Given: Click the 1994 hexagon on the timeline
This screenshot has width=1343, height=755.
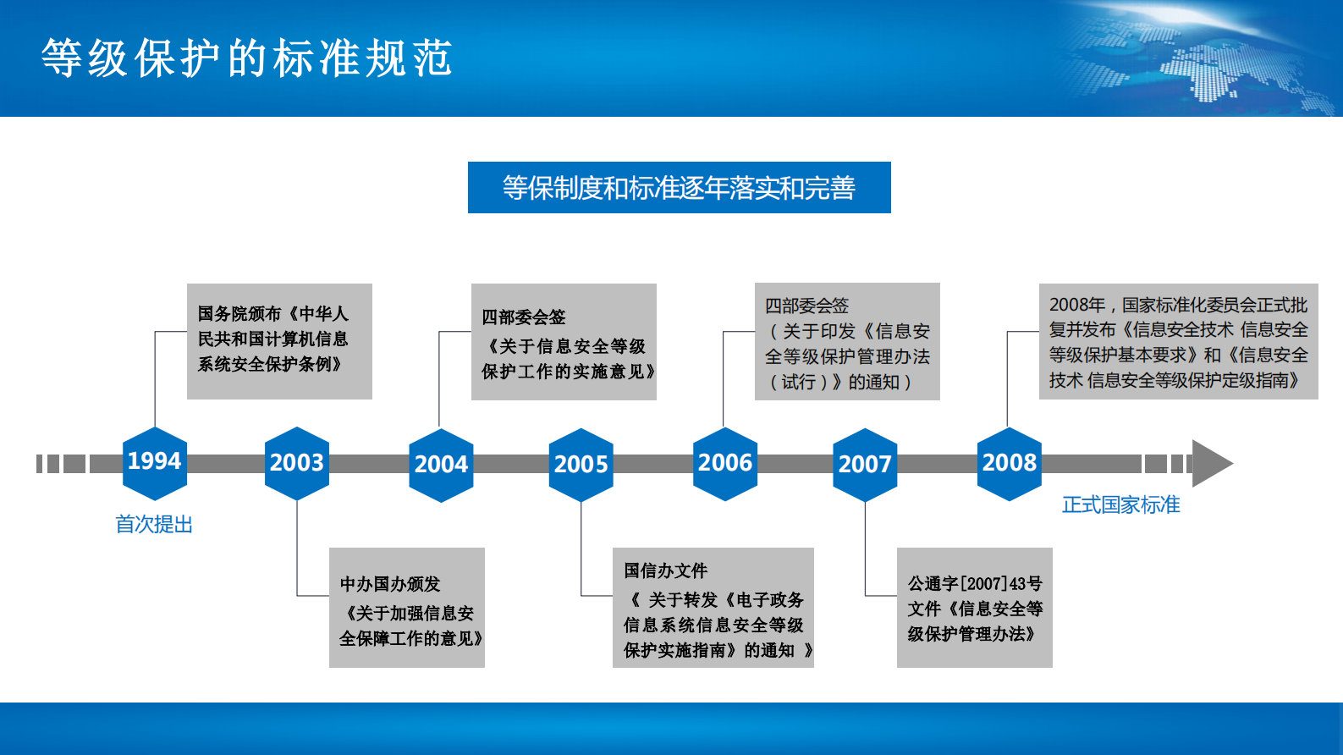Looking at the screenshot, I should [155, 462].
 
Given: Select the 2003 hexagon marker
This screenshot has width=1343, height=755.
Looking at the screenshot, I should [297, 463].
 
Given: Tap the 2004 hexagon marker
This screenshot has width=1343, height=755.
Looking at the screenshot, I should [441, 465].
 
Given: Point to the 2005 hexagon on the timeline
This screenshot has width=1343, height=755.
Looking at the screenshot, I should [581, 465].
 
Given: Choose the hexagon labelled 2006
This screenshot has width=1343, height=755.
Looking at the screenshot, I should [725, 463].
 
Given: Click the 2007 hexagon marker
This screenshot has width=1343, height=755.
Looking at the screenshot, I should [865, 465].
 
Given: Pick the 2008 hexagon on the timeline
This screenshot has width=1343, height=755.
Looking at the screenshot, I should [1010, 463].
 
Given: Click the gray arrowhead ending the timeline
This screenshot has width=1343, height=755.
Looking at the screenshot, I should [1210, 463].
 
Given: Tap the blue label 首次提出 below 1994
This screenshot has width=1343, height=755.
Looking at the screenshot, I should [154, 525].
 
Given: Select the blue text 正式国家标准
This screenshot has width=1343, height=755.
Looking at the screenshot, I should [1120, 505].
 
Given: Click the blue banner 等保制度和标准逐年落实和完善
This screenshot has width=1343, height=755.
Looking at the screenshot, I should [679, 188].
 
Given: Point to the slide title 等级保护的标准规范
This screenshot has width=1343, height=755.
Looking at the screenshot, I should [247, 58].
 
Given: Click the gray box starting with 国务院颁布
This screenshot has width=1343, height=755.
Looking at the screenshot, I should [279, 341].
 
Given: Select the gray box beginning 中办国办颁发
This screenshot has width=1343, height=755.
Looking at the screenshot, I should [407, 608].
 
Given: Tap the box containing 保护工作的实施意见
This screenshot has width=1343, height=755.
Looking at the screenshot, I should [564, 342].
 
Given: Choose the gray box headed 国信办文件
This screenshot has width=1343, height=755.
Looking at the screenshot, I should [713, 608].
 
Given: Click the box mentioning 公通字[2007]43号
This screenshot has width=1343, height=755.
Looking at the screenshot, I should [975, 608].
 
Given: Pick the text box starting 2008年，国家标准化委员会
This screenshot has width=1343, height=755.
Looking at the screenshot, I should [1178, 341].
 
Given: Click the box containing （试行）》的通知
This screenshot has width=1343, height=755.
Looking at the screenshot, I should [847, 341].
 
